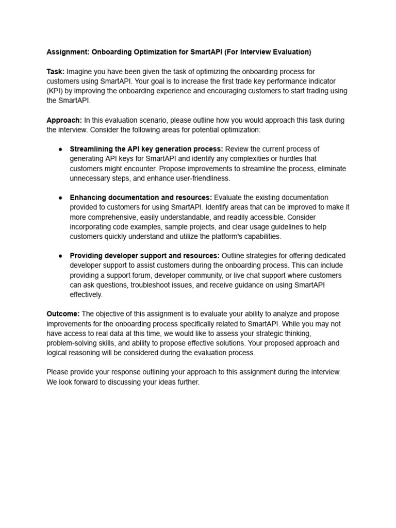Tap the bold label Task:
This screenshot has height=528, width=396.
[55, 72]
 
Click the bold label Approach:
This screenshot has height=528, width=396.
[64, 120]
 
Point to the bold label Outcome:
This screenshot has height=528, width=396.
[63, 314]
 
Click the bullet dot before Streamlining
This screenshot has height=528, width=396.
[60, 150]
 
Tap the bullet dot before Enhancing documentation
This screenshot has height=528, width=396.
[60, 198]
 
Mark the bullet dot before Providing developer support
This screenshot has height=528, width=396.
[60, 256]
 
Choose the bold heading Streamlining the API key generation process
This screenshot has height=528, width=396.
[146, 150]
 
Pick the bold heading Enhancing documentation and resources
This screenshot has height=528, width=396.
[141, 198]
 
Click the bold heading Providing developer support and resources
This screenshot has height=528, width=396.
[144, 256]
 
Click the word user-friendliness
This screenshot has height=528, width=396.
[202, 178]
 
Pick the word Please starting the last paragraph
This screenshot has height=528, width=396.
[58, 372]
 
